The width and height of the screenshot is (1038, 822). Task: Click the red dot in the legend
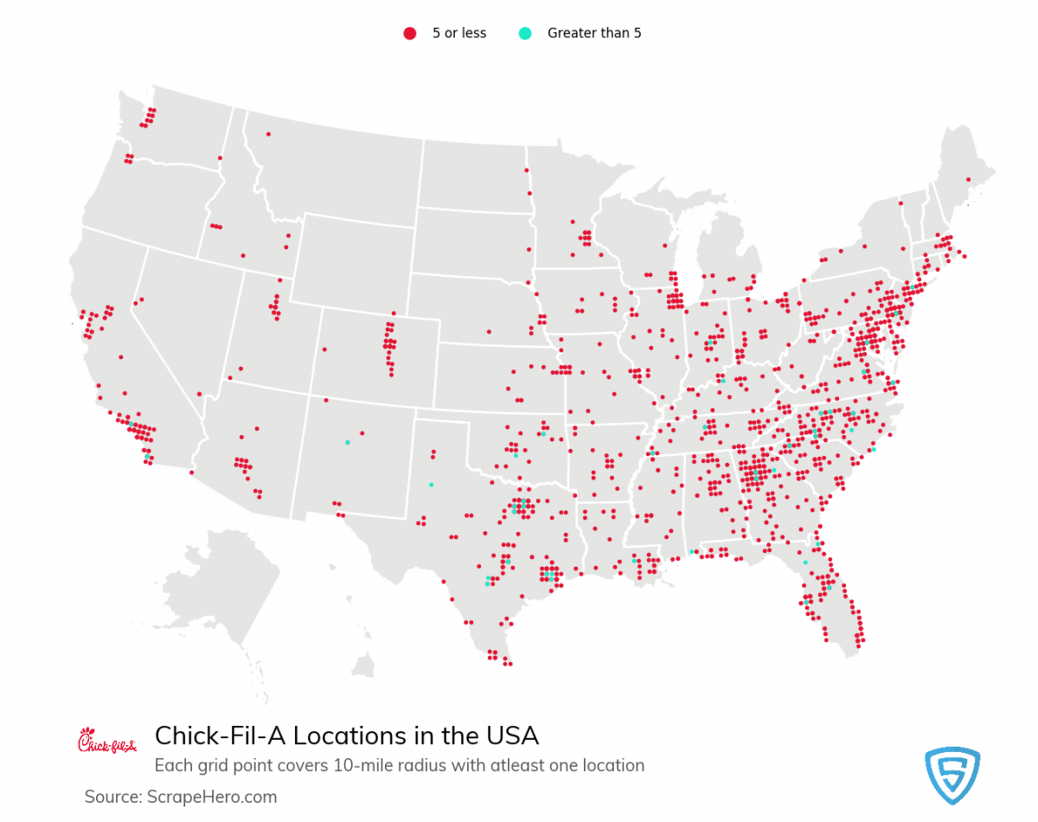409,33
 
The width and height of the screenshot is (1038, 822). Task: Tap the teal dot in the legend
524,33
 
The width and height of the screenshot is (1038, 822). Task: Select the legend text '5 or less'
459,33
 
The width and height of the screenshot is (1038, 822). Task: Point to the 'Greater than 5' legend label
594,33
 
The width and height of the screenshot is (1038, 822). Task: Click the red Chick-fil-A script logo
106,741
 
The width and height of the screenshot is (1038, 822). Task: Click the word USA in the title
510,735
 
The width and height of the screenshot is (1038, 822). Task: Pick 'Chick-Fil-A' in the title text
220,735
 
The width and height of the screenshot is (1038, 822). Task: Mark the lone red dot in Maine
968,179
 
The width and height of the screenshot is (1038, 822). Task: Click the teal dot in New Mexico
347,442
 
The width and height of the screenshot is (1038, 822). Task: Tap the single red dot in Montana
268,134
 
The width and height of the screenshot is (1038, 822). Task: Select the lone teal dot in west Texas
431,485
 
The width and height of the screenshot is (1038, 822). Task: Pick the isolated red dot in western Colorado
324,350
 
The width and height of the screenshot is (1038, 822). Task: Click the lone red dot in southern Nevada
199,394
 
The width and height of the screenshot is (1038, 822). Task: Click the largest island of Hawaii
363,666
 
